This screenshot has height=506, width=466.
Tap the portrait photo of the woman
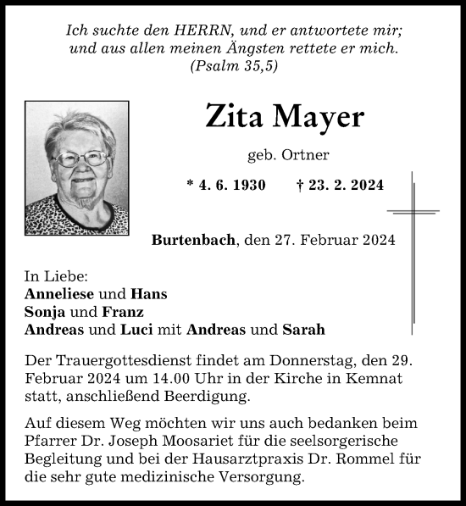pos(77,168)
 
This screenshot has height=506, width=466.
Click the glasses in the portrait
pos(81,158)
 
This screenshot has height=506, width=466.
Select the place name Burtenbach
pos(194,240)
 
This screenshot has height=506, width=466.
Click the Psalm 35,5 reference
pos(234,65)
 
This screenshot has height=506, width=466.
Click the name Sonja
pos(44,311)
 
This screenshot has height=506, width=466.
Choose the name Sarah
pos(303,329)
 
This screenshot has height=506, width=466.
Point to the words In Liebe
pos(57,276)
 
